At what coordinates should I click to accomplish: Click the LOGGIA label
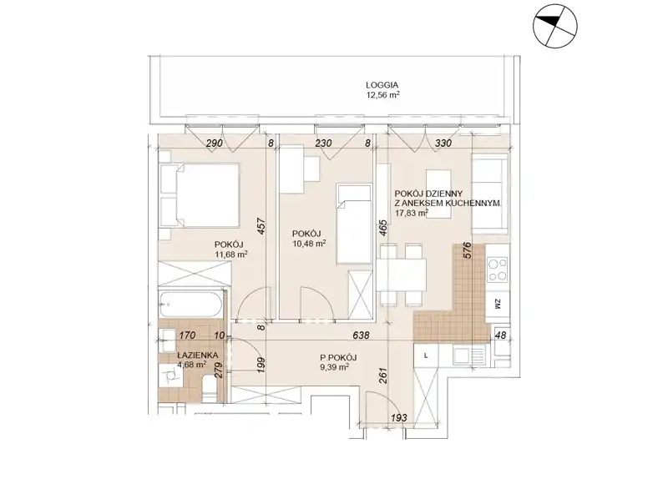click(382, 85)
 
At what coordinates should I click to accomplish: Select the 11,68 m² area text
click(232, 255)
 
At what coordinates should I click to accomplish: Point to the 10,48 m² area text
click(309, 243)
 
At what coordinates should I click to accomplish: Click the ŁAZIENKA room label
click(198, 355)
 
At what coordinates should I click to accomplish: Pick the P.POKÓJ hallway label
click(338, 358)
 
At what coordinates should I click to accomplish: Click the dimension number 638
click(361, 335)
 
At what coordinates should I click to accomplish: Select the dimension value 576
click(467, 251)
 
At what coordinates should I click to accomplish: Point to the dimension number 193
click(399, 418)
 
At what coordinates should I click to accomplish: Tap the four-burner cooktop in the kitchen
click(498, 270)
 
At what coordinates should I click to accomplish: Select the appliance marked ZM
click(498, 304)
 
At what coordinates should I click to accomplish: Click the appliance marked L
click(426, 356)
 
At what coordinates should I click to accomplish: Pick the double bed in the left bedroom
click(199, 195)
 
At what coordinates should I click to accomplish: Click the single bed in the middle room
click(353, 223)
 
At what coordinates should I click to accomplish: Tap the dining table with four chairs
click(402, 275)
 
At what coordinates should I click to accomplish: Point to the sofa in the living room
click(491, 194)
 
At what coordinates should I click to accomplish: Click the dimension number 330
click(443, 143)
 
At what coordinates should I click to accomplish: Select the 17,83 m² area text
click(412, 213)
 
